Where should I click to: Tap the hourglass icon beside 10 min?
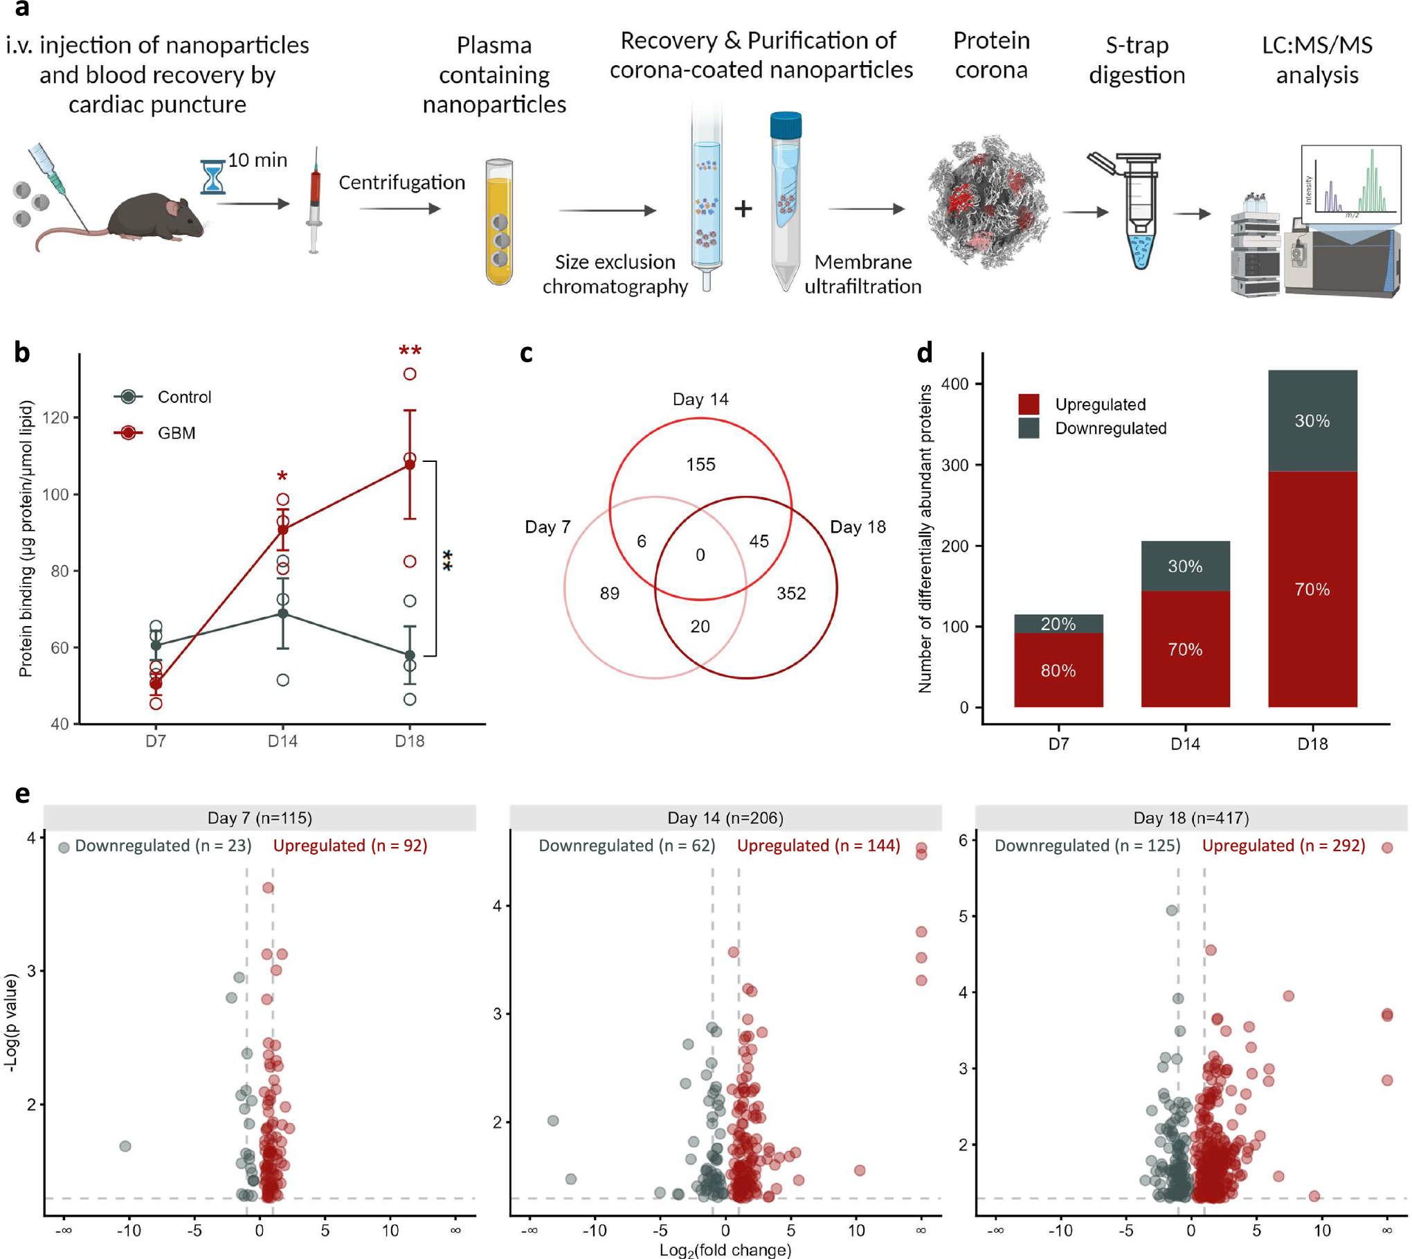point(212,177)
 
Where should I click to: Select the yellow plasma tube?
point(499,222)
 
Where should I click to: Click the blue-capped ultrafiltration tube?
point(786,201)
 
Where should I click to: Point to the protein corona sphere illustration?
point(988,202)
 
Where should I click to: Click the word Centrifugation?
point(401,183)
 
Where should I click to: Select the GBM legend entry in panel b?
point(176,434)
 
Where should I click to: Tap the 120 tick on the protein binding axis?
point(55,418)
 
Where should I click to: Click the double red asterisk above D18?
point(410,350)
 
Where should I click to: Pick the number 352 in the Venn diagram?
point(790,593)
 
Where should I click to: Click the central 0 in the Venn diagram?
point(700,555)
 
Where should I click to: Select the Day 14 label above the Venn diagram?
point(700,400)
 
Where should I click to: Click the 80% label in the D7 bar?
point(1058,670)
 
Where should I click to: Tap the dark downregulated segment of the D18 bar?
point(1312,421)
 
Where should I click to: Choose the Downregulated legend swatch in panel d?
point(1029,428)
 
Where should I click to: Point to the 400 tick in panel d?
point(954,384)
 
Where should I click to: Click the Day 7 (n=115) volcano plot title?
point(260,818)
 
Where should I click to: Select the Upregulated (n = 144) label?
point(818,846)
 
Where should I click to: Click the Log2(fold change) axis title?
point(725,1250)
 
